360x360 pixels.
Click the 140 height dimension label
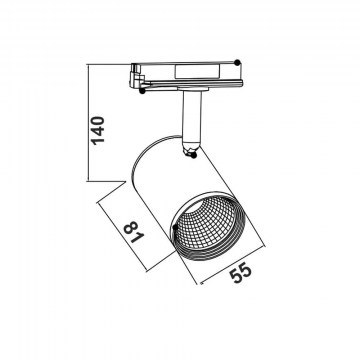(x=98, y=130)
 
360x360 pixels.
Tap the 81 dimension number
(x=134, y=232)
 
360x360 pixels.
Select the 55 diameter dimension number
(x=240, y=273)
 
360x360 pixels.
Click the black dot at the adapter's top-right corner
(x=237, y=62)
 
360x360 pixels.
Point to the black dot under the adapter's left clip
(x=142, y=91)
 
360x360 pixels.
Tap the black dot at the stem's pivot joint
(x=193, y=155)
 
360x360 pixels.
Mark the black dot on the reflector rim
(x=176, y=227)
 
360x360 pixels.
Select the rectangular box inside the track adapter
(x=197, y=71)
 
